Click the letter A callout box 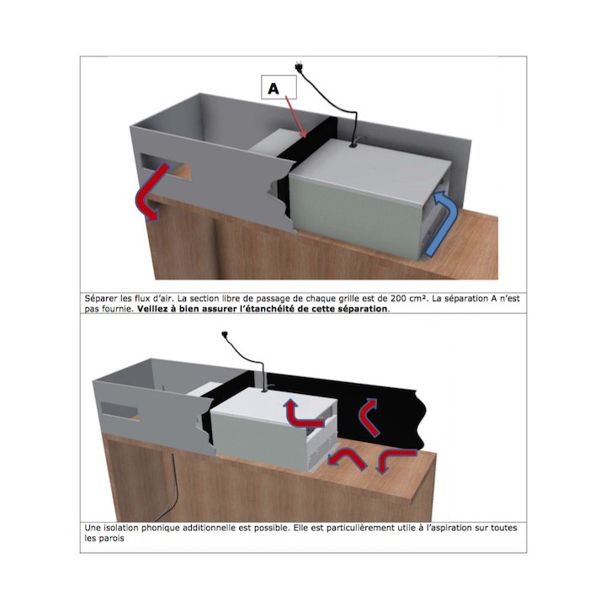[279, 88]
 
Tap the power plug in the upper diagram [298, 66]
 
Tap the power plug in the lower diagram [225, 335]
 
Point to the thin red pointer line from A [295, 116]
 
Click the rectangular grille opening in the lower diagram [119, 409]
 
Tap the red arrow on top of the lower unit [302, 414]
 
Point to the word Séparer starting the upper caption [98, 299]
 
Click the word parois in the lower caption [111, 539]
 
